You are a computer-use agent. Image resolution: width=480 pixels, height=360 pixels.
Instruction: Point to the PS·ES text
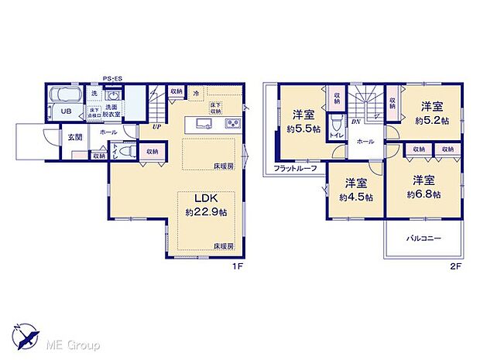114,77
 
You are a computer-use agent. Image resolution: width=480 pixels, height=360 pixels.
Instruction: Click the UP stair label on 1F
156,126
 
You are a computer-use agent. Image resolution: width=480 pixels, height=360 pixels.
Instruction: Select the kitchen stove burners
232,123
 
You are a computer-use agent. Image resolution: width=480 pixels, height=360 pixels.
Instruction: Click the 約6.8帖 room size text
425,194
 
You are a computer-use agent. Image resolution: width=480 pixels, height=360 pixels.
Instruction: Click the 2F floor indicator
457,266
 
